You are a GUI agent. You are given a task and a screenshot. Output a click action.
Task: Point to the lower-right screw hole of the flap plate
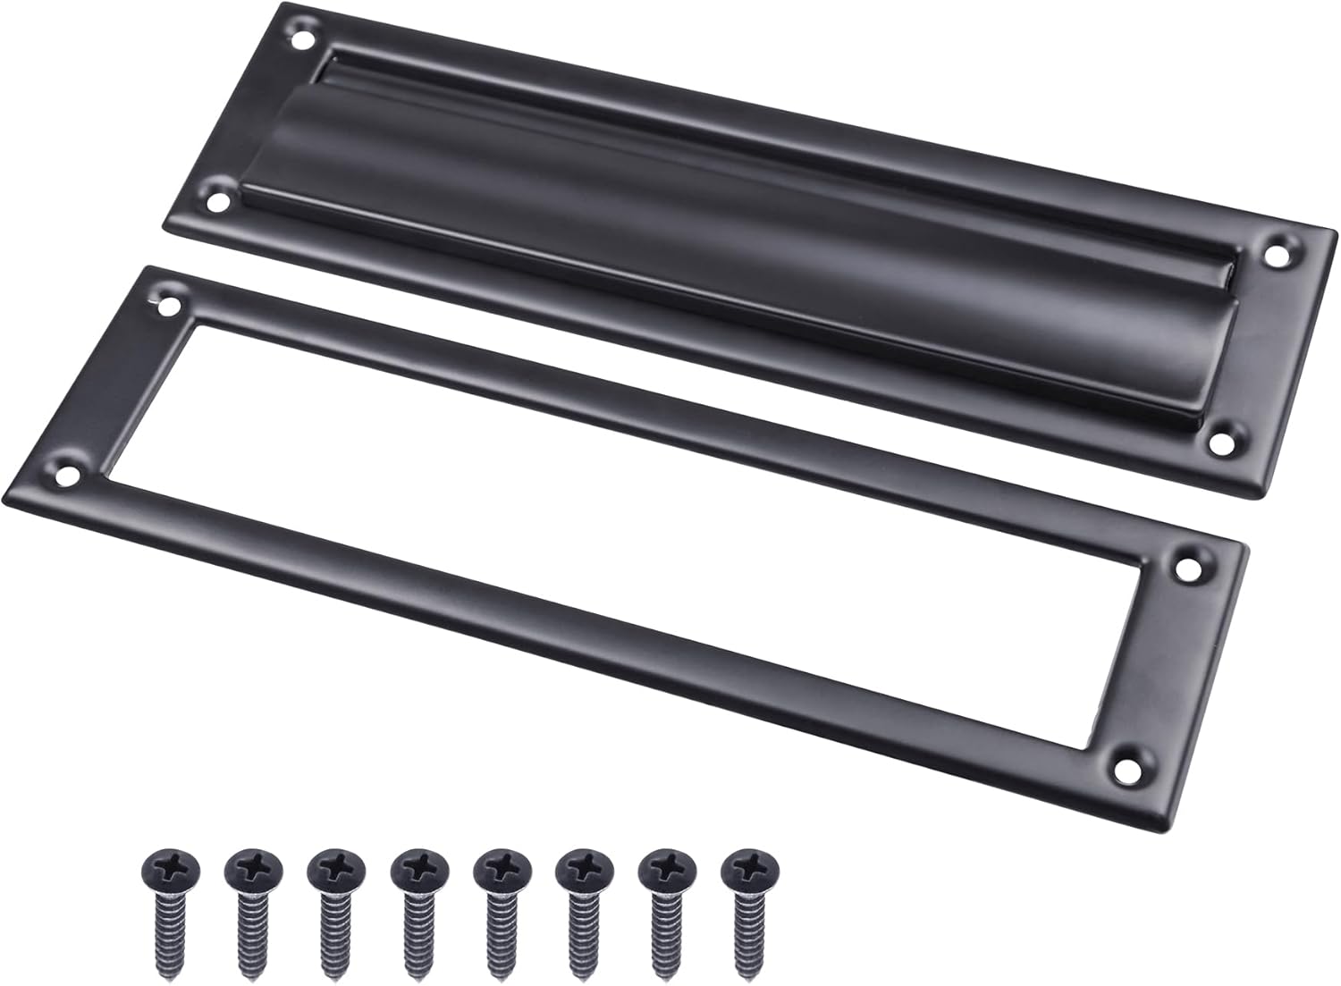pyautogui.click(x=1218, y=442)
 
